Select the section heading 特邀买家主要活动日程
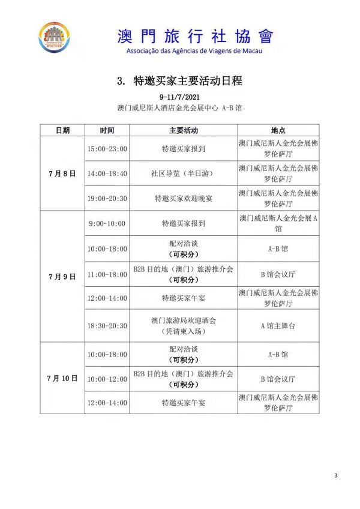(x=179, y=81)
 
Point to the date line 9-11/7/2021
(x=179, y=97)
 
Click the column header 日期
(x=62, y=130)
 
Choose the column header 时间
(x=107, y=130)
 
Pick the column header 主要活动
(x=183, y=130)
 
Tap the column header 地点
(x=278, y=130)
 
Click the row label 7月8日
(x=62, y=173)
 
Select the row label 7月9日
(x=62, y=277)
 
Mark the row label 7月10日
(x=62, y=378)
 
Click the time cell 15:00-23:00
(x=107, y=148)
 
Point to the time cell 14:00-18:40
(x=107, y=173)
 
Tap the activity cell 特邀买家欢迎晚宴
(x=183, y=198)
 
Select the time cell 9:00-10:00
(x=107, y=223)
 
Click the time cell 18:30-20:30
(x=107, y=326)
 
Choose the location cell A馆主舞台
(x=278, y=326)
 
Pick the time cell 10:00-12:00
(x=107, y=379)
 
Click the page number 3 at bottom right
(x=336, y=476)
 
